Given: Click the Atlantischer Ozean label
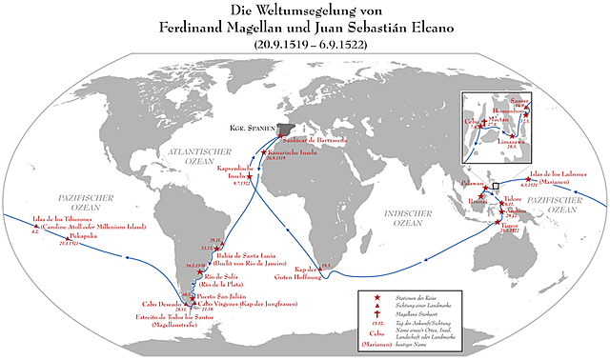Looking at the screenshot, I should (205, 153).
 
